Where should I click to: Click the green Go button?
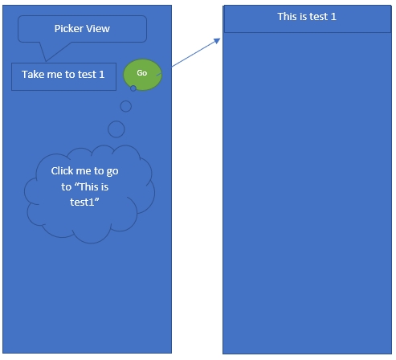coord(142,75)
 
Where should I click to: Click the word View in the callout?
coord(98,29)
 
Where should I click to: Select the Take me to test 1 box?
coord(63,76)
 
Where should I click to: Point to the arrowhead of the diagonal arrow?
coord(218,41)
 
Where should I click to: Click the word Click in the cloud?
coord(61,171)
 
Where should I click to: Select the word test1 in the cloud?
coord(82,202)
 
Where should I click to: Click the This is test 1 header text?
coord(307,17)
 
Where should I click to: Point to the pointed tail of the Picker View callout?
coord(46,61)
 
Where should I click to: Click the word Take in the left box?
coord(33,75)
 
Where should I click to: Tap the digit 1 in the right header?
coord(333,17)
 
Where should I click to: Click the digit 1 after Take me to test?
coord(102,75)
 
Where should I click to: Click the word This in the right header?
coord(287,17)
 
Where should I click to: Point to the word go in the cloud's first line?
coord(112,172)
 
